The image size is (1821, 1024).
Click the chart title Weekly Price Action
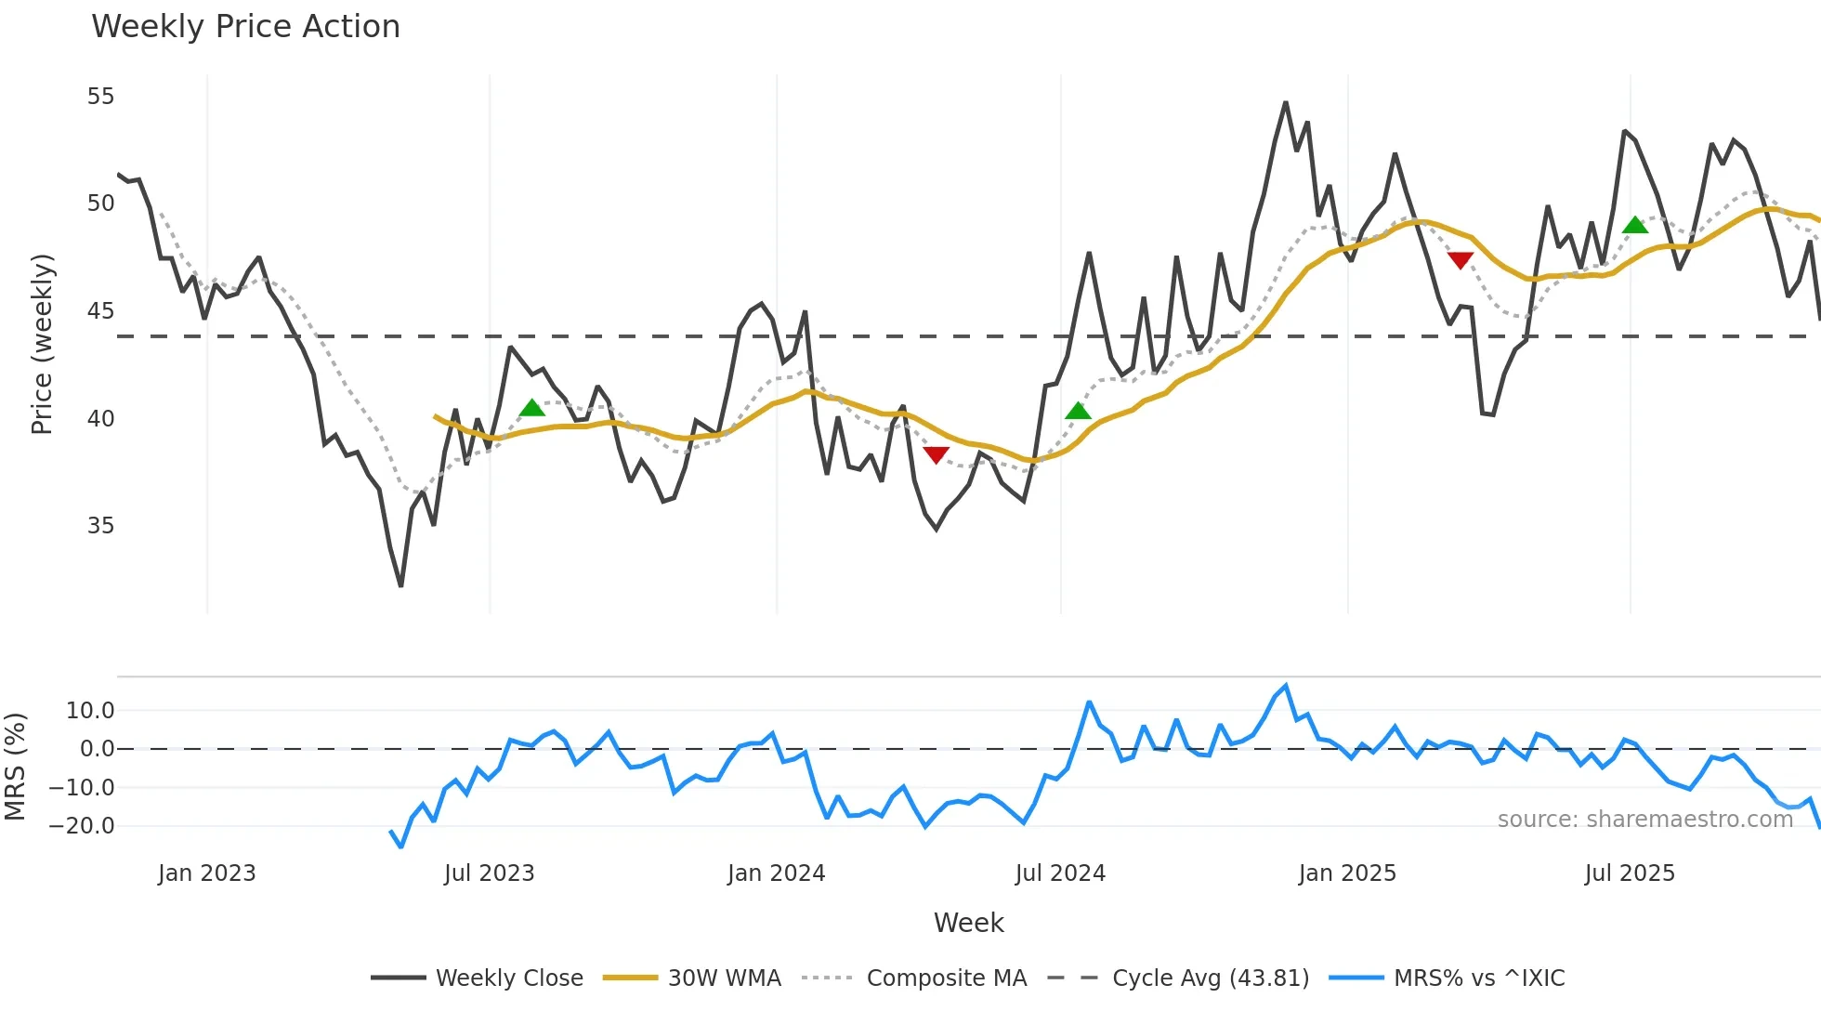click(x=245, y=27)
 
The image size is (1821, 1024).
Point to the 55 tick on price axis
click(x=100, y=97)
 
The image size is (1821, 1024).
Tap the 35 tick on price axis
click(x=100, y=526)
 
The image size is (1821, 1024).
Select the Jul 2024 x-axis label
click(x=1060, y=873)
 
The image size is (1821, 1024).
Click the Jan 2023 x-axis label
click(x=206, y=873)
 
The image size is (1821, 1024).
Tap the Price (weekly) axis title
click(x=43, y=344)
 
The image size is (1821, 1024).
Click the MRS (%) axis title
click(x=15, y=767)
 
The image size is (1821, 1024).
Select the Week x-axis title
click(x=968, y=923)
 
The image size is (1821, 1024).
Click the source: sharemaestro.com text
click(x=1644, y=820)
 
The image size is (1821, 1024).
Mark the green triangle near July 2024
click(x=1078, y=411)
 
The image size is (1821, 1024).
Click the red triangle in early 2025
click(x=1461, y=260)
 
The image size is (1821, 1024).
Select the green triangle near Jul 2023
click(x=531, y=408)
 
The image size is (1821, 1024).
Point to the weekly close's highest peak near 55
click(x=1286, y=102)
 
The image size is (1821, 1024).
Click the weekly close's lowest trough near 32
click(x=400, y=585)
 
